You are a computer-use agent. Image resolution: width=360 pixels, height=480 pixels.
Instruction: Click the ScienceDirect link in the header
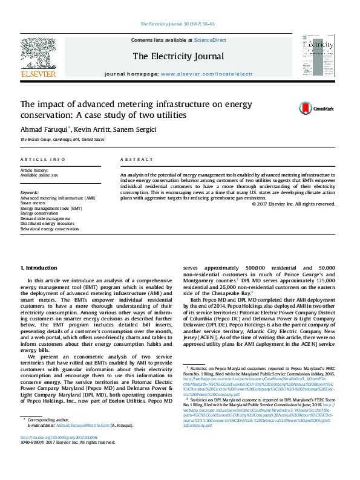coord(210,40)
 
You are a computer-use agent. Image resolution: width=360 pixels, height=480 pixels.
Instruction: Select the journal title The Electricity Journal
coord(178,56)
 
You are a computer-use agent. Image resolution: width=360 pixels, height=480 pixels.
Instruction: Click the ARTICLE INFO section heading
coord(42,160)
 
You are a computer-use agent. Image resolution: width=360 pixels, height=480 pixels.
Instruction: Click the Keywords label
coord(30,193)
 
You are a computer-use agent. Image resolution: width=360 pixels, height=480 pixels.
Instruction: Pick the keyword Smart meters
coord(33,203)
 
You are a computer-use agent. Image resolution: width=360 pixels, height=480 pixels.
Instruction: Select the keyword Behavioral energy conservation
coord(50,229)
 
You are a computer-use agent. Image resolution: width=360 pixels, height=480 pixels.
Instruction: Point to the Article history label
coord(34,170)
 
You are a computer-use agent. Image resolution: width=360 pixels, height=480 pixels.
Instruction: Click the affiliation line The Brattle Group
coord(62,140)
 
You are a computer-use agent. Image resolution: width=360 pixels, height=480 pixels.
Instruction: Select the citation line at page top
coord(177,24)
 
